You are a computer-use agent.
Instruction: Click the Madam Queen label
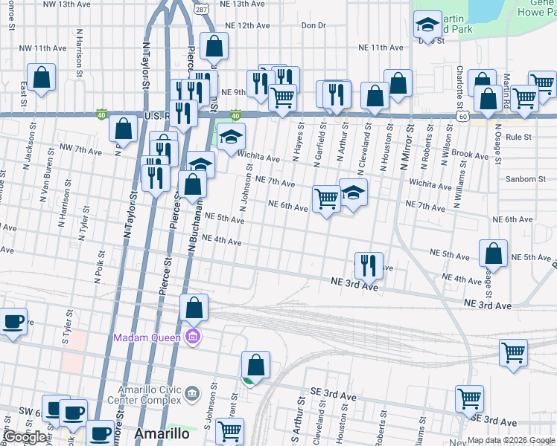point(148,338)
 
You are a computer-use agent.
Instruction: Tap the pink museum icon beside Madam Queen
point(194,337)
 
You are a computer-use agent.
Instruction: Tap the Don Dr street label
point(313,25)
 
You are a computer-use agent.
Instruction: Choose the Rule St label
point(518,137)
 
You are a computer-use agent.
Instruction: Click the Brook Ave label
point(469,154)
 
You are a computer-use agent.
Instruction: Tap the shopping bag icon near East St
point(41,77)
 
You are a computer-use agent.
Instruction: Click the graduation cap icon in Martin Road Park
point(427,26)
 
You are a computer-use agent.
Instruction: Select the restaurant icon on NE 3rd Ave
point(368,265)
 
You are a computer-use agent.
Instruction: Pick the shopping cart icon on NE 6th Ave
point(326,198)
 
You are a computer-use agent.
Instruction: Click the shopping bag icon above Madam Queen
point(194,307)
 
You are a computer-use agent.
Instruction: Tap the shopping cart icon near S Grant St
point(230,430)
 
